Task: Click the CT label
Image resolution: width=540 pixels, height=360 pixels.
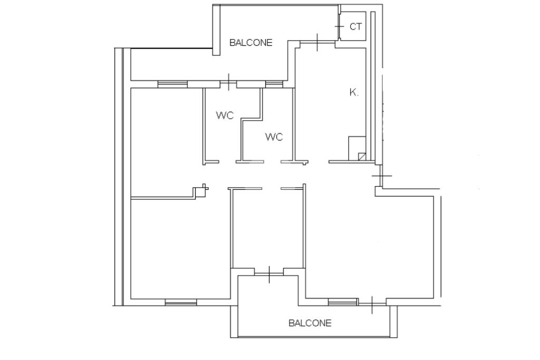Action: click(x=356, y=26)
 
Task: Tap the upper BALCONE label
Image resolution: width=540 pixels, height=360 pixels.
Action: click(x=250, y=43)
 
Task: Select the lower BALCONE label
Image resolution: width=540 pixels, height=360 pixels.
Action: click(x=310, y=323)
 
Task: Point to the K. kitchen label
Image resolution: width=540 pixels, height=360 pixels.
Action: click(x=354, y=92)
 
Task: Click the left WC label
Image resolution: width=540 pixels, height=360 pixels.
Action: click(x=225, y=115)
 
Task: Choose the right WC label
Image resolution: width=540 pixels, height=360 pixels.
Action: click(x=274, y=137)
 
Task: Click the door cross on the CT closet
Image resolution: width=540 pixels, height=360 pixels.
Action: click(x=339, y=26)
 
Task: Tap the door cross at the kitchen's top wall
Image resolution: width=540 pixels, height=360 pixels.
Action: click(x=317, y=42)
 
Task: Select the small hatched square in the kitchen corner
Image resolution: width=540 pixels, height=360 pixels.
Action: click(x=362, y=157)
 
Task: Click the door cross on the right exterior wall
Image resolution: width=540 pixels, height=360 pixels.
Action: click(x=381, y=176)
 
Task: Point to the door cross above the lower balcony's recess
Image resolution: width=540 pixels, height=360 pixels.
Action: click(x=269, y=274)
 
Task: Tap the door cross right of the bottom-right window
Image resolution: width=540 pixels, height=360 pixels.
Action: click(x=372, y=305)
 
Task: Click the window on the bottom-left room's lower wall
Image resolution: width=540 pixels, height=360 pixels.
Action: click(x=181, y=303)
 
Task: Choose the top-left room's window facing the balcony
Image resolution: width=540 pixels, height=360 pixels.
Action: click(x=172, y=84)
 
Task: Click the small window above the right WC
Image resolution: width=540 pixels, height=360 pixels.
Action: click(x=274, y=84)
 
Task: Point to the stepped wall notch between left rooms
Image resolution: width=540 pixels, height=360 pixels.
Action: click(x=200, y=191)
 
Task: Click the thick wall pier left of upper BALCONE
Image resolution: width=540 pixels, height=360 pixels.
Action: click(x=216, y=30)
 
